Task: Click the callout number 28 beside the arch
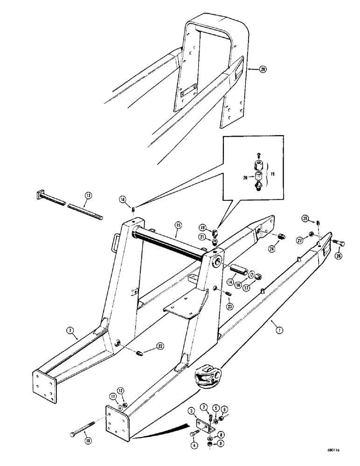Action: pyautogui.click(x=250, y=69)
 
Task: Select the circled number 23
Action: pyautogui.click(x=229, y=307)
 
